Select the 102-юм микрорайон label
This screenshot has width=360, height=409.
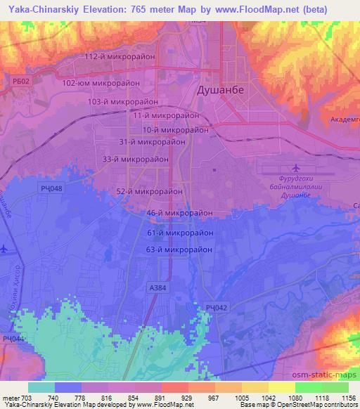[x=101, y=82]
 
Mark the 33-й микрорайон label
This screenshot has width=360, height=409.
[x=136, y=160]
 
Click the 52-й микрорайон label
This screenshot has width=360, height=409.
[x=150, y=190]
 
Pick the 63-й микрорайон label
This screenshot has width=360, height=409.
[x=179, y=249]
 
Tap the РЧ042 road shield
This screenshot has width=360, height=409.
[x=217, y=307]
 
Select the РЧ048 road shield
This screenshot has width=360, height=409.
[x=51, y=188]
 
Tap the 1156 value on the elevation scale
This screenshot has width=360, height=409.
[x=347, y=398]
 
